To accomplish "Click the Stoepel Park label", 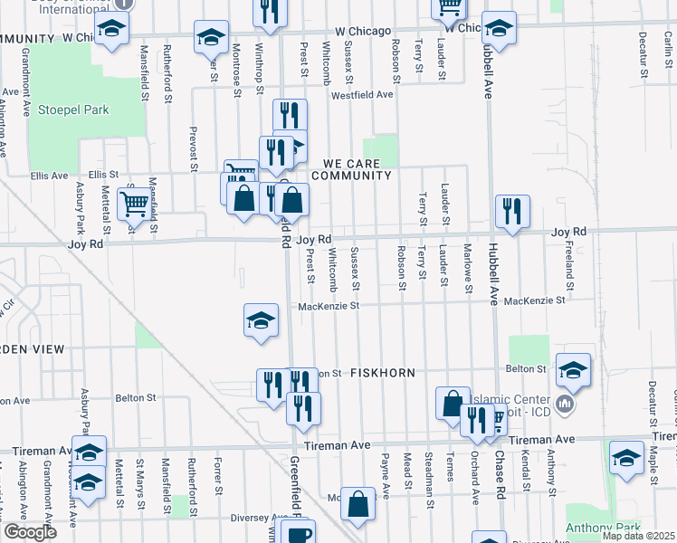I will [x=73, y=110].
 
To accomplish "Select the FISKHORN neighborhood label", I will [x=381, y=372].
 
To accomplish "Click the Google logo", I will [x=30, y=532].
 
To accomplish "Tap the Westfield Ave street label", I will [x=362, y=94].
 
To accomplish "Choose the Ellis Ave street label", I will [x=50, y=175].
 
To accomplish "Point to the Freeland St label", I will [x=569, y=257].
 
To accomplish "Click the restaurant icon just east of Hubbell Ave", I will [x=512, y=212].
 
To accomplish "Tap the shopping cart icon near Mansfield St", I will [x=134, y=205].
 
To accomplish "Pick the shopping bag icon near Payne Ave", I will [x=359, y=506].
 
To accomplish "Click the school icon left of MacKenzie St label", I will [x=260, y=320].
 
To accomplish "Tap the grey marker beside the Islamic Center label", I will [x=567, y=404].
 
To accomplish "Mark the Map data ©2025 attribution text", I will [x=637, y=536].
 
